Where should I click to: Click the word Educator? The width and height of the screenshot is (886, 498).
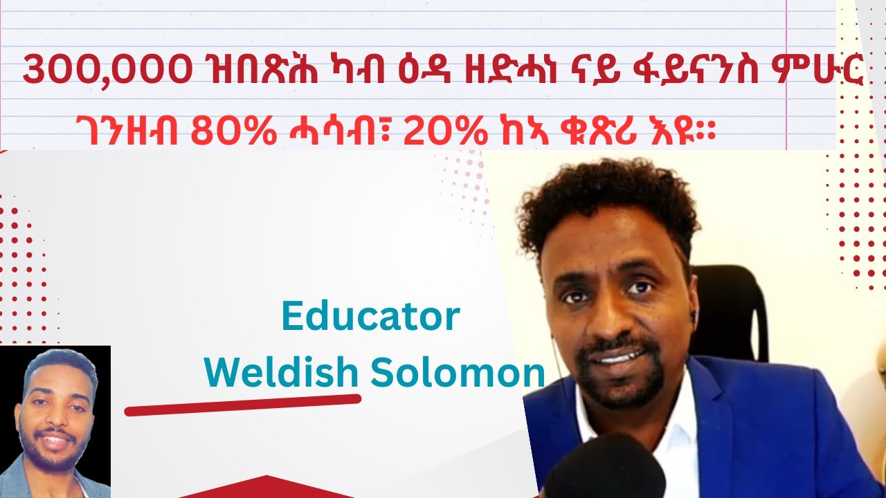click(370, 317)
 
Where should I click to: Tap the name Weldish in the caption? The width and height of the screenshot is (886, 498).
click(281, 373)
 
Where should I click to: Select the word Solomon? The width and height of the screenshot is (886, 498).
click(458, 373)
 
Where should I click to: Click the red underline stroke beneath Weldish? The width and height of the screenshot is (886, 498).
click(242, 405)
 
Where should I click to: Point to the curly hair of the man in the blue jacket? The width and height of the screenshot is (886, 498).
click(609, 201)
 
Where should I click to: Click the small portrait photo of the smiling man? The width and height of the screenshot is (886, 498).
click(55, 422)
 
